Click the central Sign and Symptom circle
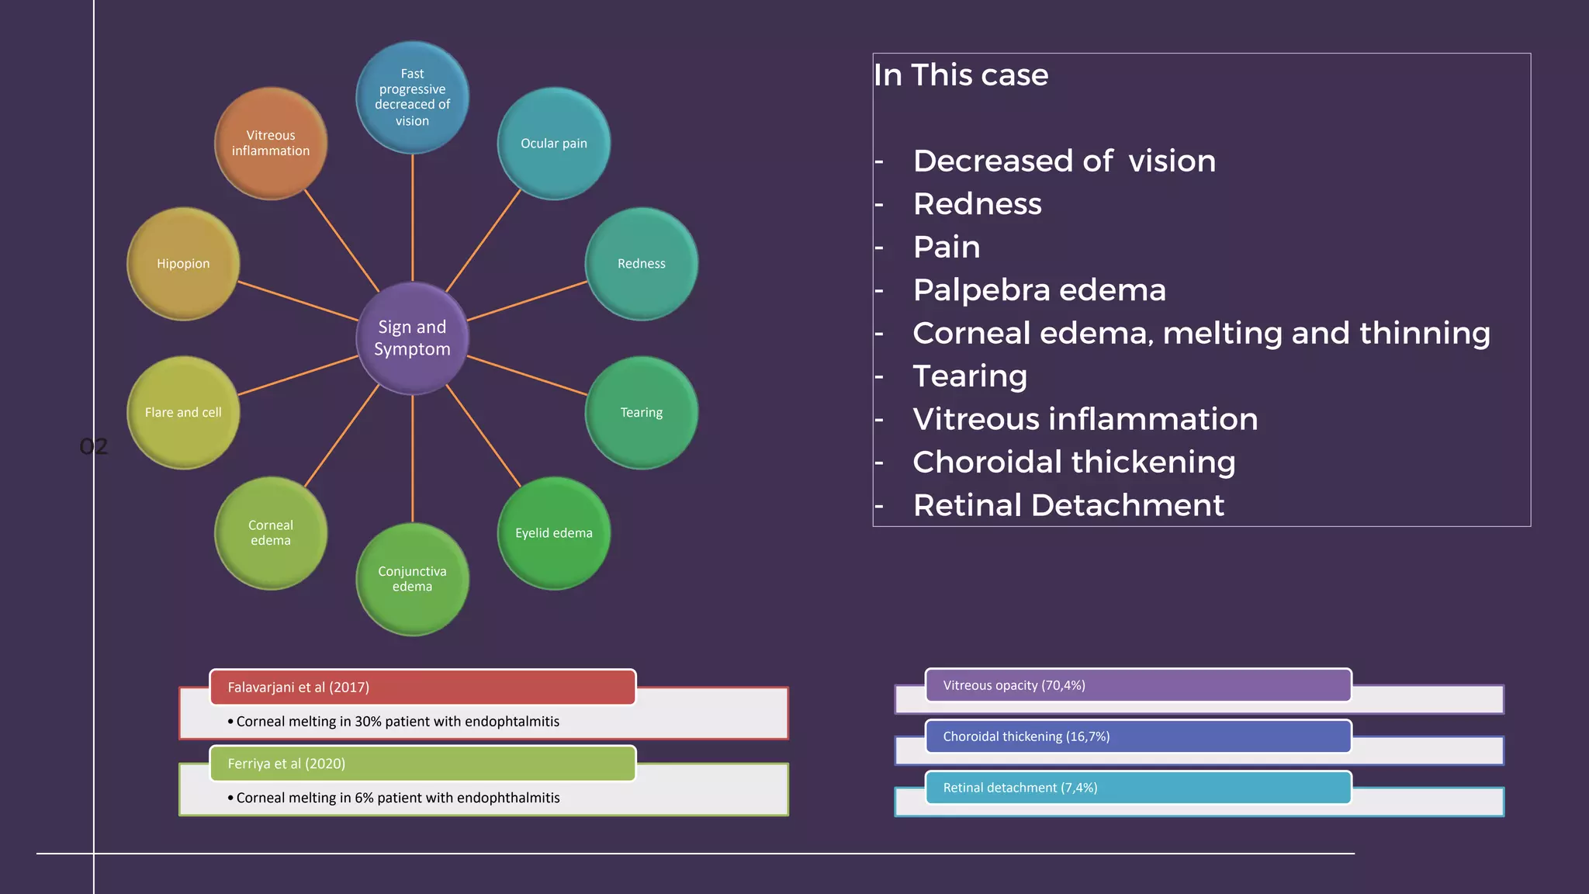coord(412,338)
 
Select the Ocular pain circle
coord(553,144)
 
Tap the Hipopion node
coord(183,264)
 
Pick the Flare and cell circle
coord(183,413)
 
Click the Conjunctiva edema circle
coord(412,579)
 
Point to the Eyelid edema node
coord(553,533)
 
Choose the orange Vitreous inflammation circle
coord(270,144)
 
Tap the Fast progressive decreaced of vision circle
coord(412,98)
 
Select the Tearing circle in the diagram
coord(641,413)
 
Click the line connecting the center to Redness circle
coord(528,301)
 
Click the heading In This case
coord(961,75)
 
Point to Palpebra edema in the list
coord(1039,290)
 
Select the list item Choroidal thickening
coord(1074,463)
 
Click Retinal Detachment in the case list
coord(1068,505)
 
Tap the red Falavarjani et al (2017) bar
coord(423,688)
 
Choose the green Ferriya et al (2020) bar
coord(423,764)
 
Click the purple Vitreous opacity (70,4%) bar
coord(1137,685)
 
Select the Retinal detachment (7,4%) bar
coord(1137,788)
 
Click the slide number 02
coord(94,446)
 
